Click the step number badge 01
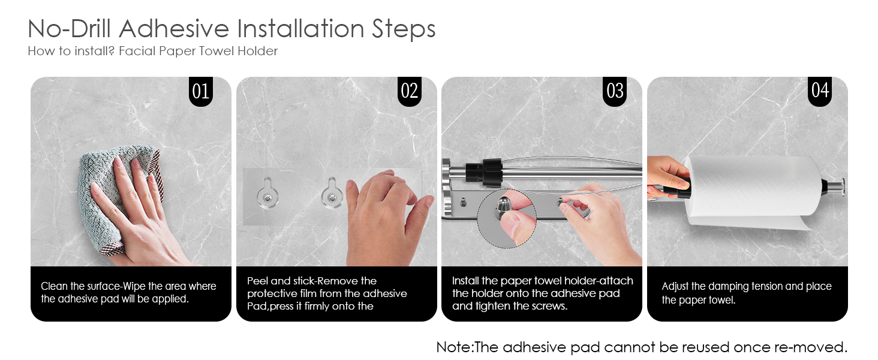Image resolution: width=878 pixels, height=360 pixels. [201, 91]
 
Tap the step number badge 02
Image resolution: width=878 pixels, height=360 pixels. [410, 91]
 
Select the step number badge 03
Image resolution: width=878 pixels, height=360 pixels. [615, 91]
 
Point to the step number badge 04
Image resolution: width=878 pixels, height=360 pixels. [820, 91]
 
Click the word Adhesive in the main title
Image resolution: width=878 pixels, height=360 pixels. [174, 29]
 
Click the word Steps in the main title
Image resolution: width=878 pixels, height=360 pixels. [404, 29]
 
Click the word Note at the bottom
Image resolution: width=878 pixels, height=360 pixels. [454, 347]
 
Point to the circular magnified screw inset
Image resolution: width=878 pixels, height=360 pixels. [506, 218]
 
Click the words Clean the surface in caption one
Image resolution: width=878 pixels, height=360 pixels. [80, 286]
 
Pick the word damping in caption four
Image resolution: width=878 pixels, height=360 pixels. [729, 287]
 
